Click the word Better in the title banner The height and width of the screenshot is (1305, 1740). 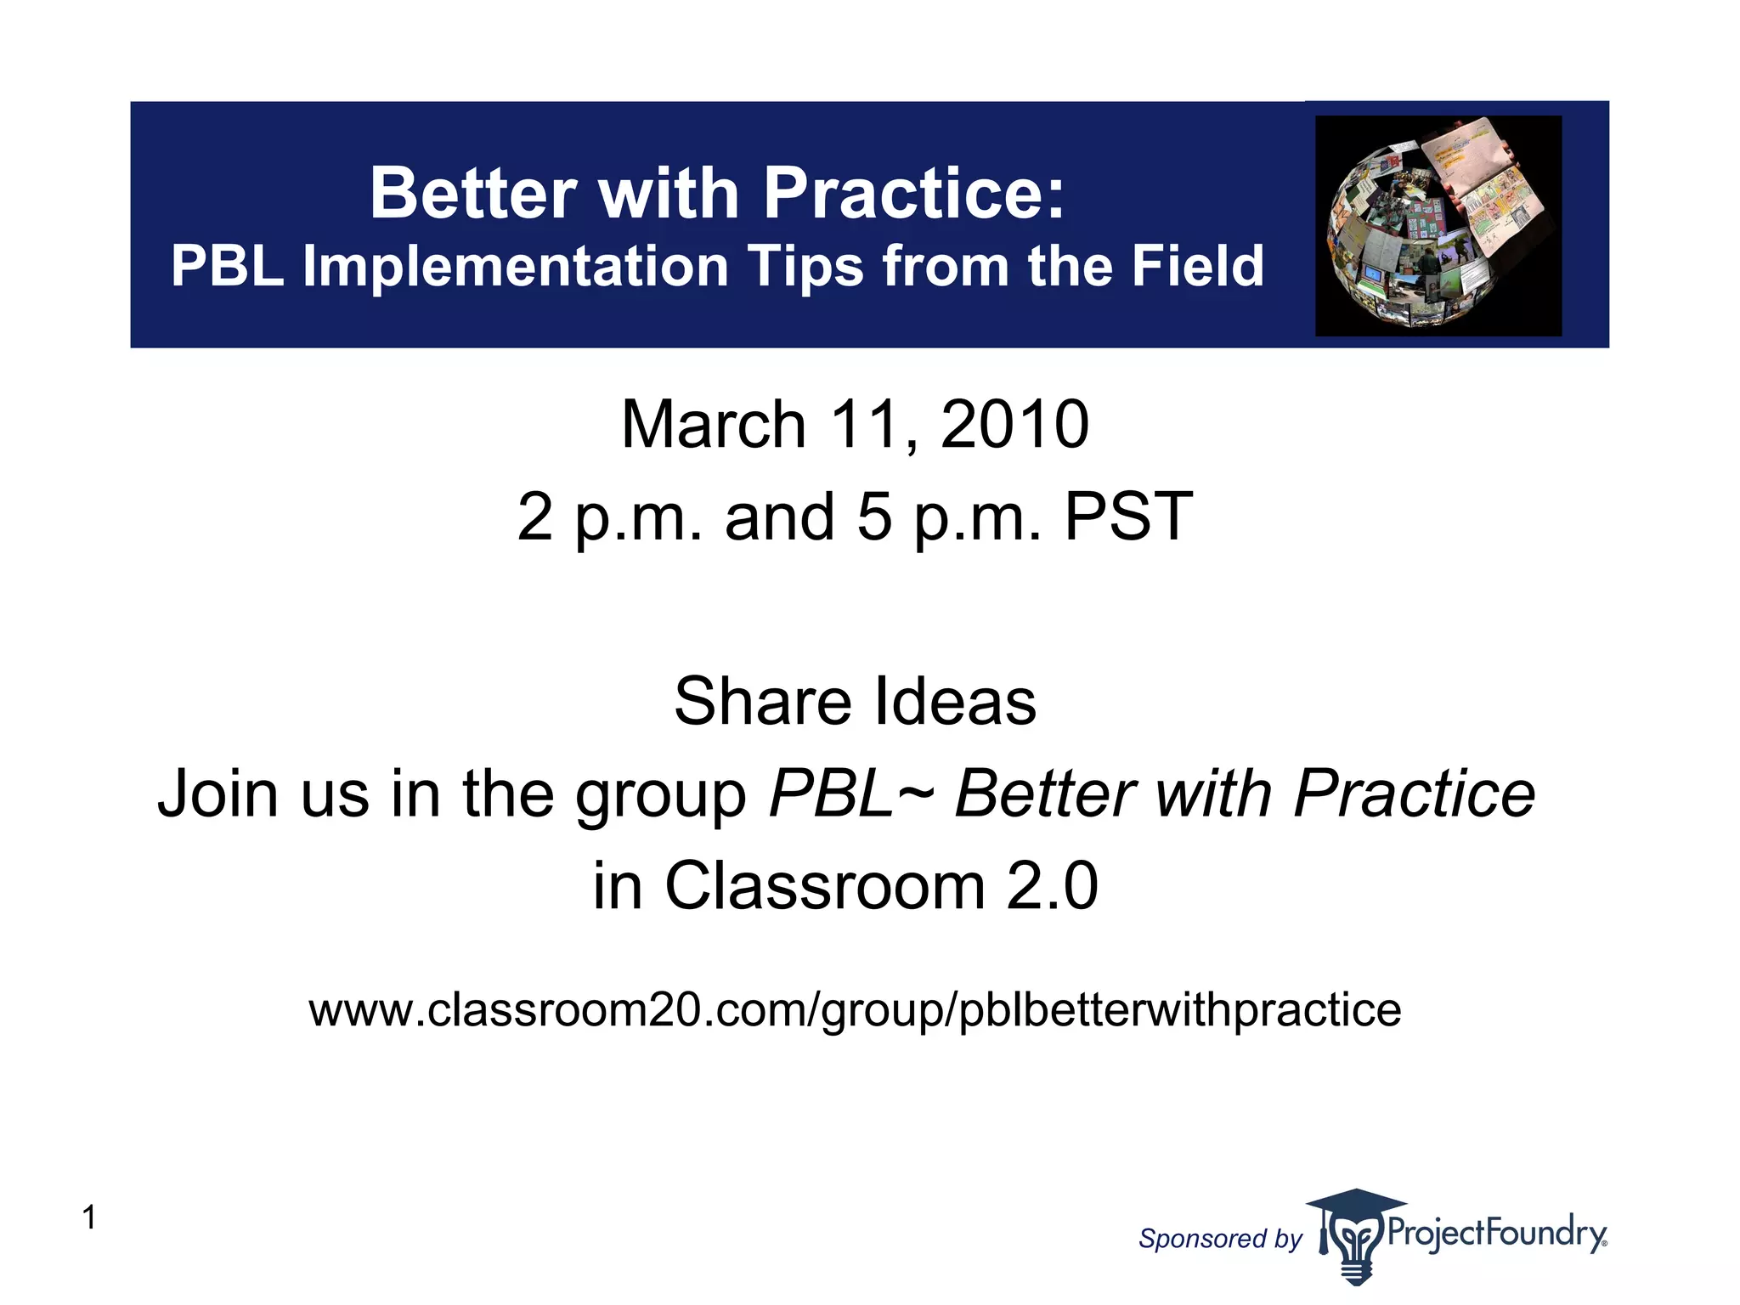click(x=473, y=194)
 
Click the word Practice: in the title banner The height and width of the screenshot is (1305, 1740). click(x=914, y=194)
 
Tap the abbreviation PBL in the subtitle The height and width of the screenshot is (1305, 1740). click(x=227, y=267)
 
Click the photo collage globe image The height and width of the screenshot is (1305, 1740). click(x=1438, y=226)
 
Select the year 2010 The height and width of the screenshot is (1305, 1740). click(x=1014, y=425)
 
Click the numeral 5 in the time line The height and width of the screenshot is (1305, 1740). click(x=874, y=517)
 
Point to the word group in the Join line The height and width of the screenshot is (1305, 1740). click(x=660, y=795)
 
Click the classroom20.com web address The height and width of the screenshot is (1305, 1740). click(x=855, y=1010)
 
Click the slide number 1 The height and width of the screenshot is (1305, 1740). click(x=89, y=1217)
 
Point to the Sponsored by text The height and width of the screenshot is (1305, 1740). click(x=1220, y=1239)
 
